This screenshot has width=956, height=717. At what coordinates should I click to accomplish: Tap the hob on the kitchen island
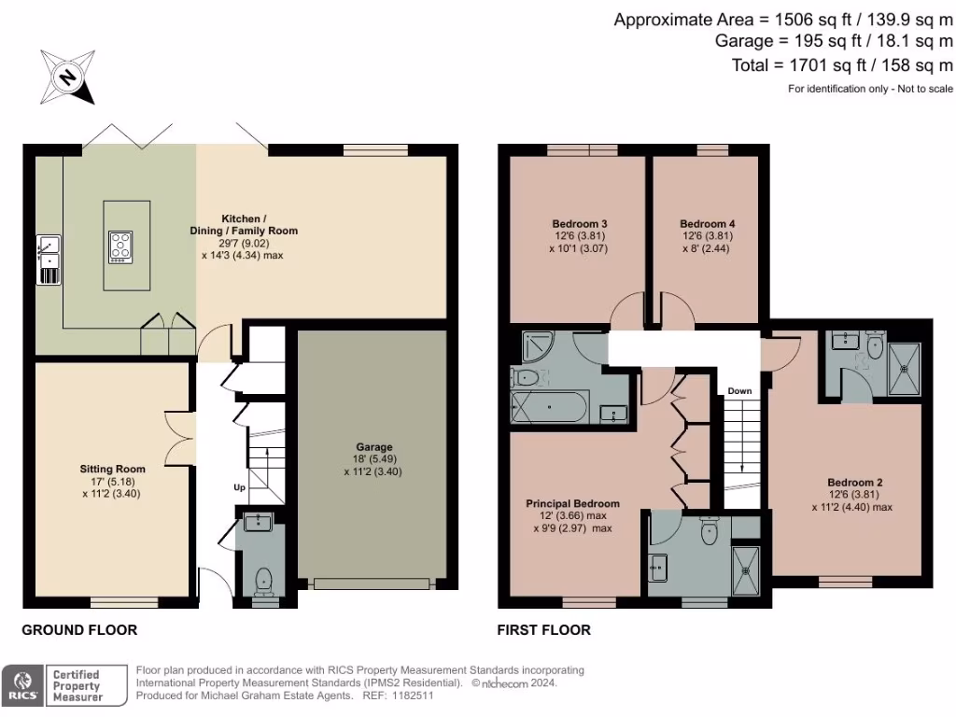coord(120,245)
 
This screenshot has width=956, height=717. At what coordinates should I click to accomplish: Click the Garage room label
coord(373,446)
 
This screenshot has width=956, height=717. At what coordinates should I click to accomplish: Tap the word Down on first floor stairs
coord(739,390)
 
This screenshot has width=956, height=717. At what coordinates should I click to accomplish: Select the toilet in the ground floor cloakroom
coord(264,580)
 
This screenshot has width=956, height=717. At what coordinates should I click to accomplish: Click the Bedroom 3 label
coord(580,224)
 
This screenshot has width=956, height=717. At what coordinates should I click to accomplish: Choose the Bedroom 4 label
coord(707,224)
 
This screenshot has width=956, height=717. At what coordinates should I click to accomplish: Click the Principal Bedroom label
coord(572,503)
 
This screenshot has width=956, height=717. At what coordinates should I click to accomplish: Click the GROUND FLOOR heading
coord(79,630)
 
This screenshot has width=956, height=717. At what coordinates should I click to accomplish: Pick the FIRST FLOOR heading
coord(543,630)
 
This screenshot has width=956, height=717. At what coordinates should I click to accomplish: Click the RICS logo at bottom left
coord(22,685)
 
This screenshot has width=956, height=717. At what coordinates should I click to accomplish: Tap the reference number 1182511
coord(412,696)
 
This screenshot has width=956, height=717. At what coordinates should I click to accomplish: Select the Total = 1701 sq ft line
coord(842,65)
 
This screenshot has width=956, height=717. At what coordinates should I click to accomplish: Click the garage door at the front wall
coord(373,583)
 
